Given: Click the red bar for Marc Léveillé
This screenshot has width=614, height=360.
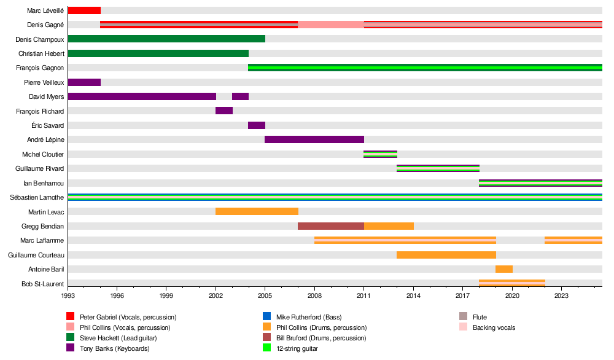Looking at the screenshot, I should coord(84,10).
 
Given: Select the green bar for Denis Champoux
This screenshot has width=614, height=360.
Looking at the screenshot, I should coord(166,39).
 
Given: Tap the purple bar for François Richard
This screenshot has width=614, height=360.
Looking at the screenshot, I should coord(224,111).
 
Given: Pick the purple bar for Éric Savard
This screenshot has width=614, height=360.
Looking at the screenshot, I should coord(257,125).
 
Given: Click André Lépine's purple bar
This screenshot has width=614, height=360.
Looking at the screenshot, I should coord(314,139).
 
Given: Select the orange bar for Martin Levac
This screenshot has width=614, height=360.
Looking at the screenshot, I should coord(257,211).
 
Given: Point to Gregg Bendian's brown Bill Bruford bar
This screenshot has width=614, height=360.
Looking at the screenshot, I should coord(331,226).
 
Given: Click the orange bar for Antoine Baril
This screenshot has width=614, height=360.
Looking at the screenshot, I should coord(504,269).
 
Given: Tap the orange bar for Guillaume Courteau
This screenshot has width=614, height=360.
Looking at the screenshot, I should coord(446,254).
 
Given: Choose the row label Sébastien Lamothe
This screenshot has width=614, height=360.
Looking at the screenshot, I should coord(37,197).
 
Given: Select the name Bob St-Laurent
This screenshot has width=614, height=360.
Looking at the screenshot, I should coord(43,284).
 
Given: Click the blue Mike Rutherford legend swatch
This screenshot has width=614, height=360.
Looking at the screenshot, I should coord(266,317).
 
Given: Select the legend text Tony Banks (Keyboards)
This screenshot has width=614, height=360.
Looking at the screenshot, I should coord(115,348).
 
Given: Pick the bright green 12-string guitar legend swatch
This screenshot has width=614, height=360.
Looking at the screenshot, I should coord(266,348).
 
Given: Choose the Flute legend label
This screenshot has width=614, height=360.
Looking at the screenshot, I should coord(480,317).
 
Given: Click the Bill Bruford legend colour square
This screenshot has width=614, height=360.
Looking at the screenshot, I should coord(266,338).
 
